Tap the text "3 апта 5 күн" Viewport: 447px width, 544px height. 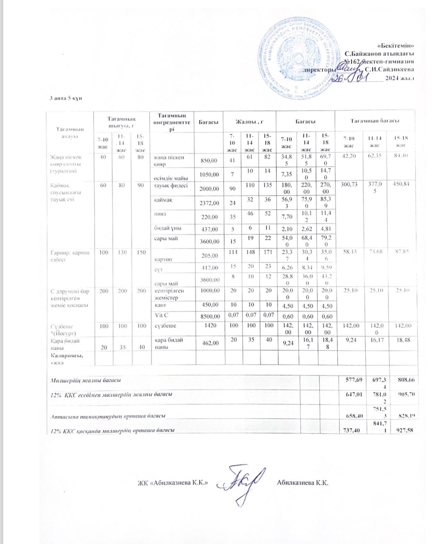coord(66,98)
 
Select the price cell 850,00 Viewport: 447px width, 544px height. coord(209,160)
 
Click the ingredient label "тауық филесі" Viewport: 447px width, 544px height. coord(171,186)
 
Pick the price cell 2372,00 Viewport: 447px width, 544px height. coord(209,203)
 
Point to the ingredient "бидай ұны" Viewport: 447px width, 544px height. coord(168,228)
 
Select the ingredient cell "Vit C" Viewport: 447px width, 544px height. coord(162,315)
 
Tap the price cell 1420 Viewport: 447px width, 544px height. coord(210,325)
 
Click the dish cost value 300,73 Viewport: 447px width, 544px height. coord(349,184)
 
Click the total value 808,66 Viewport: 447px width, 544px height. coord(406,380)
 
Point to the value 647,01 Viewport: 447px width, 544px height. coord(354,394)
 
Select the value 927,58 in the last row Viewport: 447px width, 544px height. coord(405,430)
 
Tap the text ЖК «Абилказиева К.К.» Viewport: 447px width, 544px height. coord(172,483)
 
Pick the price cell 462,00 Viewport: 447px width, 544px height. coord(210,343)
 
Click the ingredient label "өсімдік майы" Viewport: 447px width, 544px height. coord(171,178)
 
